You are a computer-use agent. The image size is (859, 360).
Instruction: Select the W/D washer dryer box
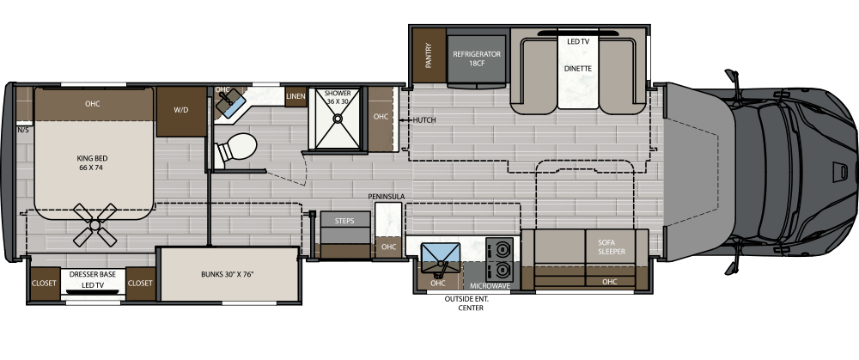(x=181, y=110)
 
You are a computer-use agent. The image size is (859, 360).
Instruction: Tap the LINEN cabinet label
(x=295, y=96)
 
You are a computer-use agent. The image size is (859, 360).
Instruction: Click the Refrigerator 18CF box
(x=477, y=58)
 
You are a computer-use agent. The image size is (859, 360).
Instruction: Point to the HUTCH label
(x=424, y=120)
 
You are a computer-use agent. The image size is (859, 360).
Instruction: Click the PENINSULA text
(x=386, y=197)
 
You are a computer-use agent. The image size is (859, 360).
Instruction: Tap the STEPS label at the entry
(x=344, y=222)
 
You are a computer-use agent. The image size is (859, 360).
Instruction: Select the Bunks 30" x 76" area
(x=228, y=274)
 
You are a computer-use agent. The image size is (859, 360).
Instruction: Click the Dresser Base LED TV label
(x=94, y=280)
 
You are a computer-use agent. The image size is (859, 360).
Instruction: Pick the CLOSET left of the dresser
(x=44, y=282)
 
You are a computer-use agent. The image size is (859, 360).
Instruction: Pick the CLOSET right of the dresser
(x=140, y=282)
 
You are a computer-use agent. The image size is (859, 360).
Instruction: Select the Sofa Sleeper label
(x=611, y=247)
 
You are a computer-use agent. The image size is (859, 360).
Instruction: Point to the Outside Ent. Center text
(x=464, y=303)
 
